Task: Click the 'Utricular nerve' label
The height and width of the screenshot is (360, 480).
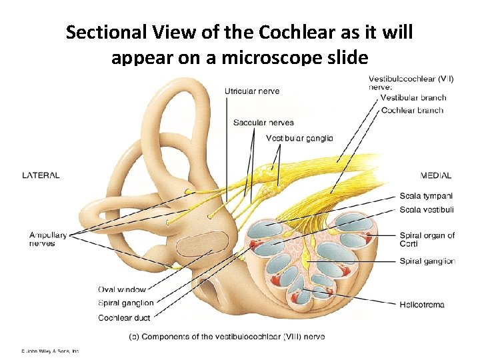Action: pyautogui.click(x=252, y=91)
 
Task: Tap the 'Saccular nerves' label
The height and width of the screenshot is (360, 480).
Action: pyautogui.click(x=263, y=123)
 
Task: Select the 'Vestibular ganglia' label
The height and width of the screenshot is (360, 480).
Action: pyautogui.click(x=299, y=139)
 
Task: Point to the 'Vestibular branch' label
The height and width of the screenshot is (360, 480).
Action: pyautogui.click(x=413, y=98)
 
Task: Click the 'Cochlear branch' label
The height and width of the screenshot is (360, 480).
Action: pyautogui.click(x=411, y=110)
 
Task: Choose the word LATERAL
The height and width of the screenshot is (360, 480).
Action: pyautogui.click(x=41, y=175)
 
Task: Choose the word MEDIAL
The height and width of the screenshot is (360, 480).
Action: pyautogui.click(x=436, y=176)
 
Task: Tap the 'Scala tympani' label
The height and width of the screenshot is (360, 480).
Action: pyautogui.click(x=426, y=196)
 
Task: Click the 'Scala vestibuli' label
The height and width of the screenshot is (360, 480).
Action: pyautogui.click(x=427, y=209)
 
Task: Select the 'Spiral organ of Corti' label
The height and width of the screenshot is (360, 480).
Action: pyautogui.click(x=427, y=239)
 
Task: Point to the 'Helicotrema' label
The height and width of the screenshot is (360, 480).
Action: pyautogui.click(x=422, y=305)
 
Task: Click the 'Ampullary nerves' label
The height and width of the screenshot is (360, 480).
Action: pyautogui.click(x=48, y=239)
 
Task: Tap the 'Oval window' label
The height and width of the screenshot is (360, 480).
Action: pyautogui.click(x=121, y=289)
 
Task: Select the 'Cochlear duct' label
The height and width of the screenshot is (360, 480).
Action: pyautogui.click(x=124, y=318)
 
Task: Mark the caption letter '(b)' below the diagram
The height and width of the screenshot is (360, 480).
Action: pyautogui.click(x=134, y=337)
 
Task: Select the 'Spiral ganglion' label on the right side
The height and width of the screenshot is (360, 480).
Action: pyautogui.click(x=427, y=261)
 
